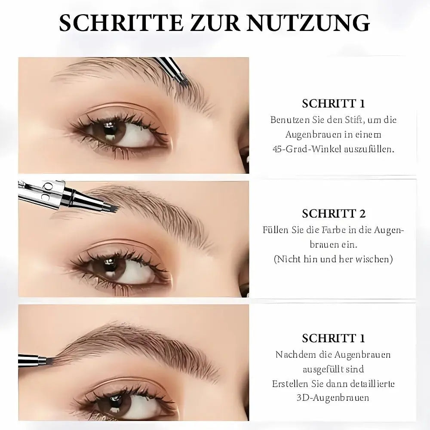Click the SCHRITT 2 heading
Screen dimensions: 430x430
point(334,214)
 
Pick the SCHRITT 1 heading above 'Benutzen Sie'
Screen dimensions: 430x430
point(334,103)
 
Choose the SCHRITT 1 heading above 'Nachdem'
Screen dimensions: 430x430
point(334,338)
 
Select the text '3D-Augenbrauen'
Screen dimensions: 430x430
point(333,397)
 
